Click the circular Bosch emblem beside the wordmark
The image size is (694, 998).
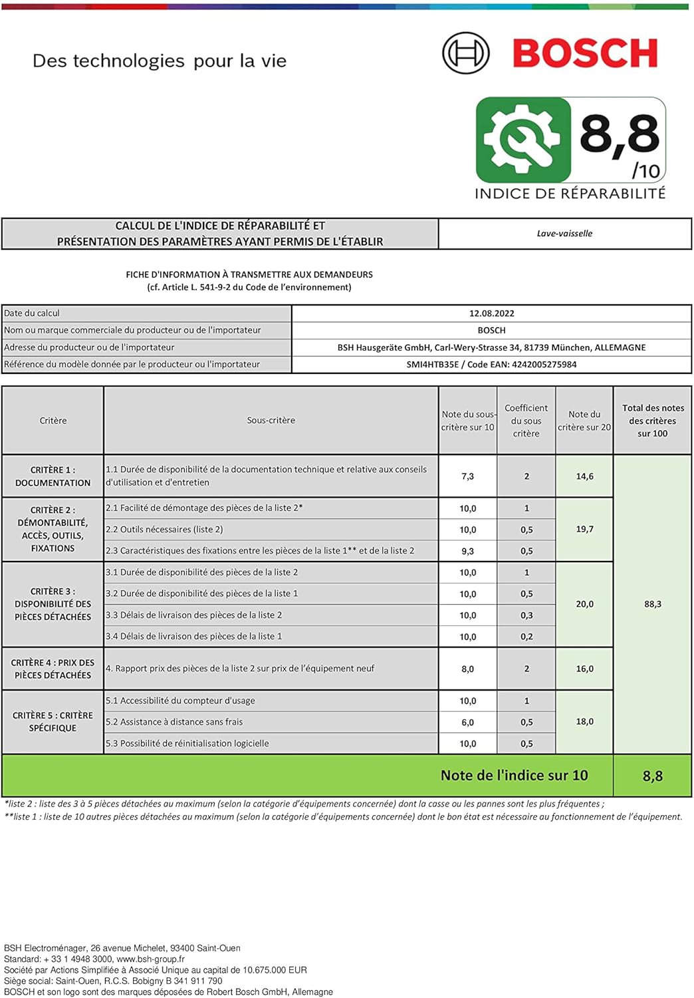465,53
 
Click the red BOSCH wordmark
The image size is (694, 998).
585,53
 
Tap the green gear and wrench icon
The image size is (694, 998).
523,140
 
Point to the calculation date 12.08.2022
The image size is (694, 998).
491,313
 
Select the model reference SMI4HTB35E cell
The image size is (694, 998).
491,365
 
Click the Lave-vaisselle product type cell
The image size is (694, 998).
564,234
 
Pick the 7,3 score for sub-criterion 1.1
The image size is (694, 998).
467,476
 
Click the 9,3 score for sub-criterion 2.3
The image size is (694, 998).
467,551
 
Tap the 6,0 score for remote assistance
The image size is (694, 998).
467,722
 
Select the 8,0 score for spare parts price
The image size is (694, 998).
467,669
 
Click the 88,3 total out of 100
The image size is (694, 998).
652,604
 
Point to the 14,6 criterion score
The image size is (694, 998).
584,476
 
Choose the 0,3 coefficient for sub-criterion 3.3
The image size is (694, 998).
526,615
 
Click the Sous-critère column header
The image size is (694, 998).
271,420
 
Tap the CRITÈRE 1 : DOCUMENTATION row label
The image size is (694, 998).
53,476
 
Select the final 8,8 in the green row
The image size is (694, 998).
652,776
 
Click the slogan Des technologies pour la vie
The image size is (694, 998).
160,61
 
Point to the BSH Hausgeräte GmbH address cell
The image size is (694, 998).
491,347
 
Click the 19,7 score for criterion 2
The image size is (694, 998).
584,529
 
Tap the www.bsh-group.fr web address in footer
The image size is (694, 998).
150,959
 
